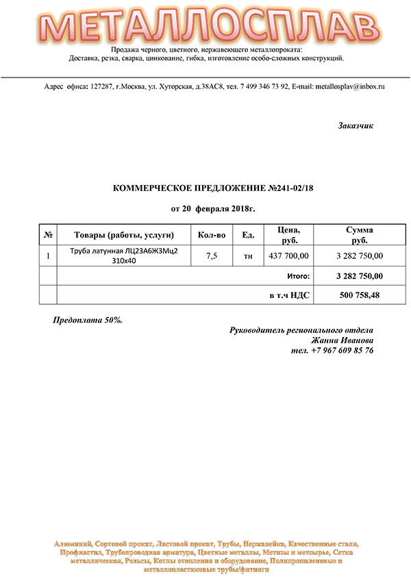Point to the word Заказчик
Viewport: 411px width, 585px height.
pyautogui.click(x=356, y=126)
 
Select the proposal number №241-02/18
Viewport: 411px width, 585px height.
pyautogui.click(x=290, y=187)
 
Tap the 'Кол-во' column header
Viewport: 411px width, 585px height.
pyautogui.click(x=212, y=235)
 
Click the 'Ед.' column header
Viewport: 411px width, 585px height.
pyautogui.click(x=248, y=235)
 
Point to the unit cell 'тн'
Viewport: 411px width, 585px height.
pyautogui.click(x=248, y=256)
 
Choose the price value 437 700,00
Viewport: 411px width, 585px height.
pyautogui.click(x=288, y=256)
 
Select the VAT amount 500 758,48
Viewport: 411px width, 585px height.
pyautogui.click(x=360, y=295)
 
